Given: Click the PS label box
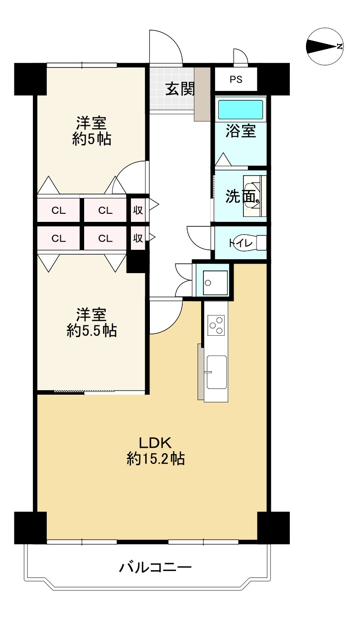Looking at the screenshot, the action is coord(236,79).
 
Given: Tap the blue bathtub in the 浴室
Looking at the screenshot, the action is coord(240,109).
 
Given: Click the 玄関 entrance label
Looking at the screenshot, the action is coord(180,89).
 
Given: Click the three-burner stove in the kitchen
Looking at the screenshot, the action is coord(216,325).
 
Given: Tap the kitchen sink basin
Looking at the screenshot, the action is coord(217,372).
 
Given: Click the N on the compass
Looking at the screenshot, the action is coord(340,46).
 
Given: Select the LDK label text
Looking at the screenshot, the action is coord(155,443).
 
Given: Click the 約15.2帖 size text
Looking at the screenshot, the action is coord(156,459).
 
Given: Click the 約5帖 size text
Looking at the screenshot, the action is coord(91,139).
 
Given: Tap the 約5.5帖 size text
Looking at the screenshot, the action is coord(91,330).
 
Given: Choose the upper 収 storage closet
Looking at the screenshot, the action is coord(138,210).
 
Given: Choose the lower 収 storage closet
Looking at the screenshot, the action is coord(138,238).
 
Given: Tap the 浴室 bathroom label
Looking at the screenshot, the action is coord(241,131).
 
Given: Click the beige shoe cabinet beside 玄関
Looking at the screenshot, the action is coord(202,94).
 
